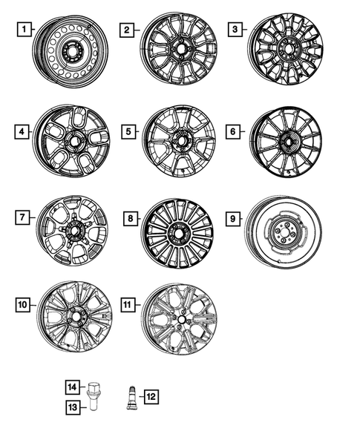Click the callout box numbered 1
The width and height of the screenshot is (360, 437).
pyautogui.click(x=25, y=30)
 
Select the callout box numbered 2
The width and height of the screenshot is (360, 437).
pyautogui.click(x=128, y=30)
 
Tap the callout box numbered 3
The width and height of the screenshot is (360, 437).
pyautogui.click(x=236, y=30)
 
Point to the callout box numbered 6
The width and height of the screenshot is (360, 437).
pyautogui.click(x=234, y=131)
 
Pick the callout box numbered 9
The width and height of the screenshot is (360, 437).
pyautogui.click(x=232, y=219)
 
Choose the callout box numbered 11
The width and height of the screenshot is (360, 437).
pyautogui.click(x=128, y=304)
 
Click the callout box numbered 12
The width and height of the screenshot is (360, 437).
pyautogui.click(x=151, y=397)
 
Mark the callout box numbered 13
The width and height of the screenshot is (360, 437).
pyautogui.click(x=73, y=407)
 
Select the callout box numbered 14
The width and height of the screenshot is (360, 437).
pyautogui.click(x=73, y=386)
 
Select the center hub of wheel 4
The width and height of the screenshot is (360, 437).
pyautogui.click(x=76, y=139)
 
